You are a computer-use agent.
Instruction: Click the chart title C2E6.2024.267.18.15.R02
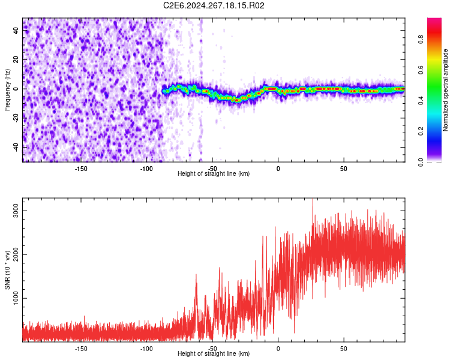[x=214, y=6]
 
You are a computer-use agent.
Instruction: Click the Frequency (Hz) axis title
[x=8, y=89]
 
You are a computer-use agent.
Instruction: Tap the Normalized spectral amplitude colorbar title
[x=446, y=90]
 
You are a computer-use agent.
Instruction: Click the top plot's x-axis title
[x=214, y=173]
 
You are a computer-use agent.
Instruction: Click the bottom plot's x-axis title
[x=214, y=353]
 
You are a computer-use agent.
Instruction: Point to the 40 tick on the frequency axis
[x=16, y=31]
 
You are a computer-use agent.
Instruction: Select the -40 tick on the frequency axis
[x=16, y=146]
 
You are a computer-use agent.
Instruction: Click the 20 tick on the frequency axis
[x=16, y=59]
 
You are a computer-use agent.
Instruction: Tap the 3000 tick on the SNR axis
[x=16, y=210]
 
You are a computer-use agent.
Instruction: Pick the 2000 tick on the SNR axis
[x=16, y=254]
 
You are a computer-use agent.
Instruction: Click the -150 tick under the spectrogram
[x=81, y=167]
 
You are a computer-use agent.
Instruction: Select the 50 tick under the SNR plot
[x=344, y=347]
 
